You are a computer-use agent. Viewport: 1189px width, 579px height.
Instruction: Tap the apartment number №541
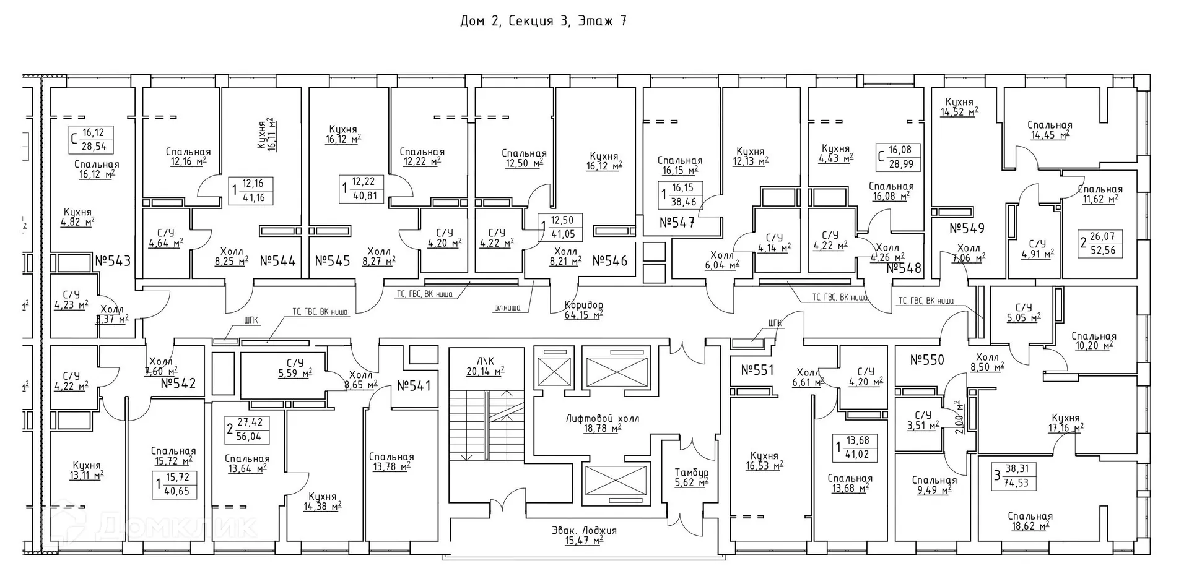tap(413, 386)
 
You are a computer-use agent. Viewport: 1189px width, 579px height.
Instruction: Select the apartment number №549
tap(967, 228)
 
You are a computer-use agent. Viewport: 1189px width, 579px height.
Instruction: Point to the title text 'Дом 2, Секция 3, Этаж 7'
tap(543, 22)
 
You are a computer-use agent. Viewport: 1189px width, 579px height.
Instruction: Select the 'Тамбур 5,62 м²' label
tap(691, 478)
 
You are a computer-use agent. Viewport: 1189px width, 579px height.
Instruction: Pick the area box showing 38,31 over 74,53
tap(1014, 476)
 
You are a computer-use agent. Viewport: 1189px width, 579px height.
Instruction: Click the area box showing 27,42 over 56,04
tap(245, 429)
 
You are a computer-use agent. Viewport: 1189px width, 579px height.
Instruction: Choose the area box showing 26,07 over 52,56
tap(1101, 243)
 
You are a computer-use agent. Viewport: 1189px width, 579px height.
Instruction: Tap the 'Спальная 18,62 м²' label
tap(1030, 521)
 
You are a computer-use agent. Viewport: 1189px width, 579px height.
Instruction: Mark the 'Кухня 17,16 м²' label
tap(1065, 422)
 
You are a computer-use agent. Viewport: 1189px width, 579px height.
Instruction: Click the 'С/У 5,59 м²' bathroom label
tap(295, 367)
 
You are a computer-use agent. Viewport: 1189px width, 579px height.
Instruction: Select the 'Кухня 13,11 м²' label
tap(86, 470)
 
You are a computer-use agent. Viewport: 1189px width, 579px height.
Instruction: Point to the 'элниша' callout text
tap(507, 307)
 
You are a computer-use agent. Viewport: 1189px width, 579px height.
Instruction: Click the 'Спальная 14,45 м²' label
tap(1049, 129)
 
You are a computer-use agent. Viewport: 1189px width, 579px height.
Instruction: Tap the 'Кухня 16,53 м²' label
tap(765, 460)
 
